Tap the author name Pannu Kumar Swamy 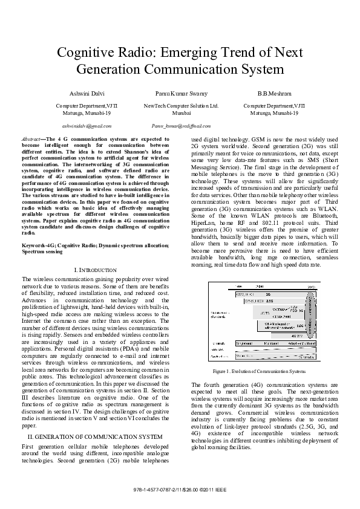click(x=181, y=94)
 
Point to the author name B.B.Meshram click(x=274, y=94)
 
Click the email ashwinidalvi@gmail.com click(x=87, y=126)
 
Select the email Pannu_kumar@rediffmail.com click(x=181, y=126)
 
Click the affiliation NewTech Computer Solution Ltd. click(x=181, y=105)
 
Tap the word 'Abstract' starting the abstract click(x=30, y=138)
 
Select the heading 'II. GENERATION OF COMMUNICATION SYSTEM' click(x=95, y=436)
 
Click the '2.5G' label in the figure click(x=270, y=300)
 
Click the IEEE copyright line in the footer click(x=180, y=489)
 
